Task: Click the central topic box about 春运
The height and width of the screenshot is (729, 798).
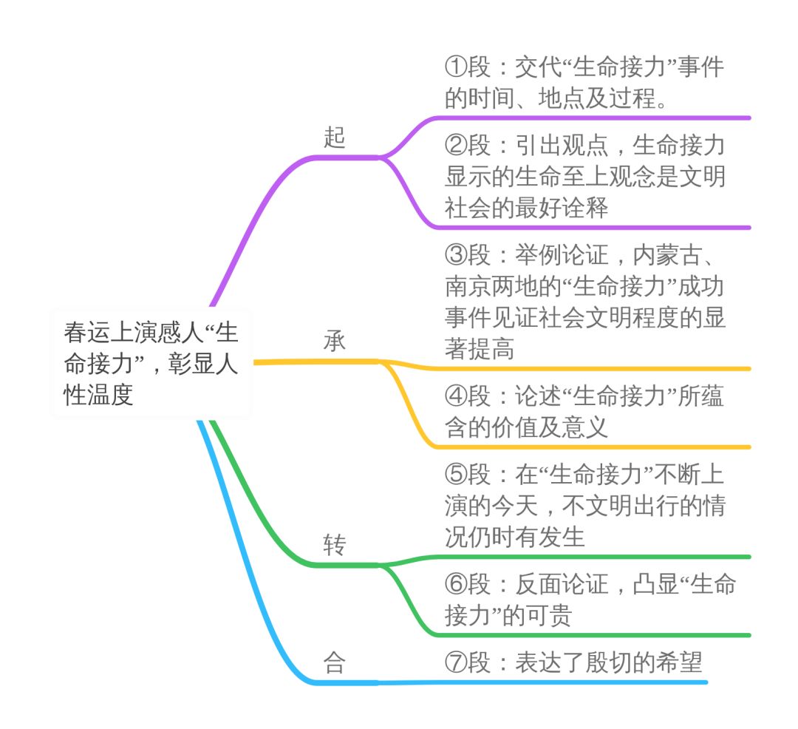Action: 151,362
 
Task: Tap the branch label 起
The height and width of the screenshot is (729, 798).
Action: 334,138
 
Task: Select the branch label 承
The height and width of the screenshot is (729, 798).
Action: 334,342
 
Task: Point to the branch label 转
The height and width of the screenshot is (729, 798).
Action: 334,546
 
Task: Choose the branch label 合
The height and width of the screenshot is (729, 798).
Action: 334,663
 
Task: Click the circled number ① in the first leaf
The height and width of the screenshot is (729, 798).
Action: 456,68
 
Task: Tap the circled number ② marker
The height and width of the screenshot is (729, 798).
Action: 456,146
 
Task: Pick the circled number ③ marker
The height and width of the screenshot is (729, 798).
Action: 456,256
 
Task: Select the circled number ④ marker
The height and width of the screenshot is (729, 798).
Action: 456,397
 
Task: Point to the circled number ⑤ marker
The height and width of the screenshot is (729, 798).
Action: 456,475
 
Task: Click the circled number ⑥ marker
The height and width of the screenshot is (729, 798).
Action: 456,585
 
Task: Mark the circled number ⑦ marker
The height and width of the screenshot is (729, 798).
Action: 456,663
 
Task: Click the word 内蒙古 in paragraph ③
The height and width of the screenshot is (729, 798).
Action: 669,256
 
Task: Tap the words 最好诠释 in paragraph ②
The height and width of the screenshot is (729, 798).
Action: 562,208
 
